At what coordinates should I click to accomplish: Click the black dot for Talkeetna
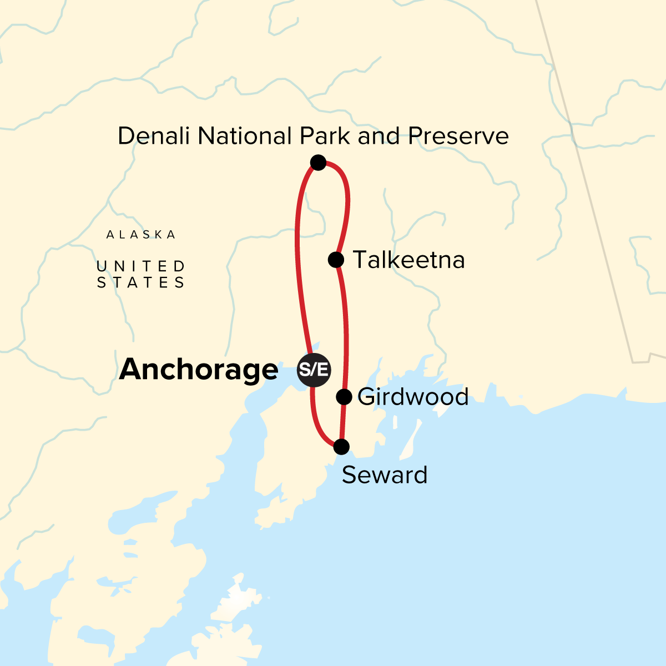point(336,259)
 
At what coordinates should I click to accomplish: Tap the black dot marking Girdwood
point(344,396)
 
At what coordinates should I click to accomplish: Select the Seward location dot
point(341,446)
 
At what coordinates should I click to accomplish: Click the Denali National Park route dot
point(318,162)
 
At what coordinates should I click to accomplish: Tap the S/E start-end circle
point(314,370)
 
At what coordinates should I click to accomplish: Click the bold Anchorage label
point(198,370)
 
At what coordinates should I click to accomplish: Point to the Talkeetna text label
point(408,260)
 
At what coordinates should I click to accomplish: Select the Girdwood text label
point(413,397)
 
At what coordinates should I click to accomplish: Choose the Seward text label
point(385,475)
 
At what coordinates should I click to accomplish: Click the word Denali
point(154,136)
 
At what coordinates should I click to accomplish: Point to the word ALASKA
point(141,235)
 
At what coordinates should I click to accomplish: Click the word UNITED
point(141,267)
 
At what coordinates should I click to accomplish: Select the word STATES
point(141,283)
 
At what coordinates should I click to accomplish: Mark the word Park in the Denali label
point(327,136)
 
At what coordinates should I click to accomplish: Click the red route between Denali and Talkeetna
point(347,205)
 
